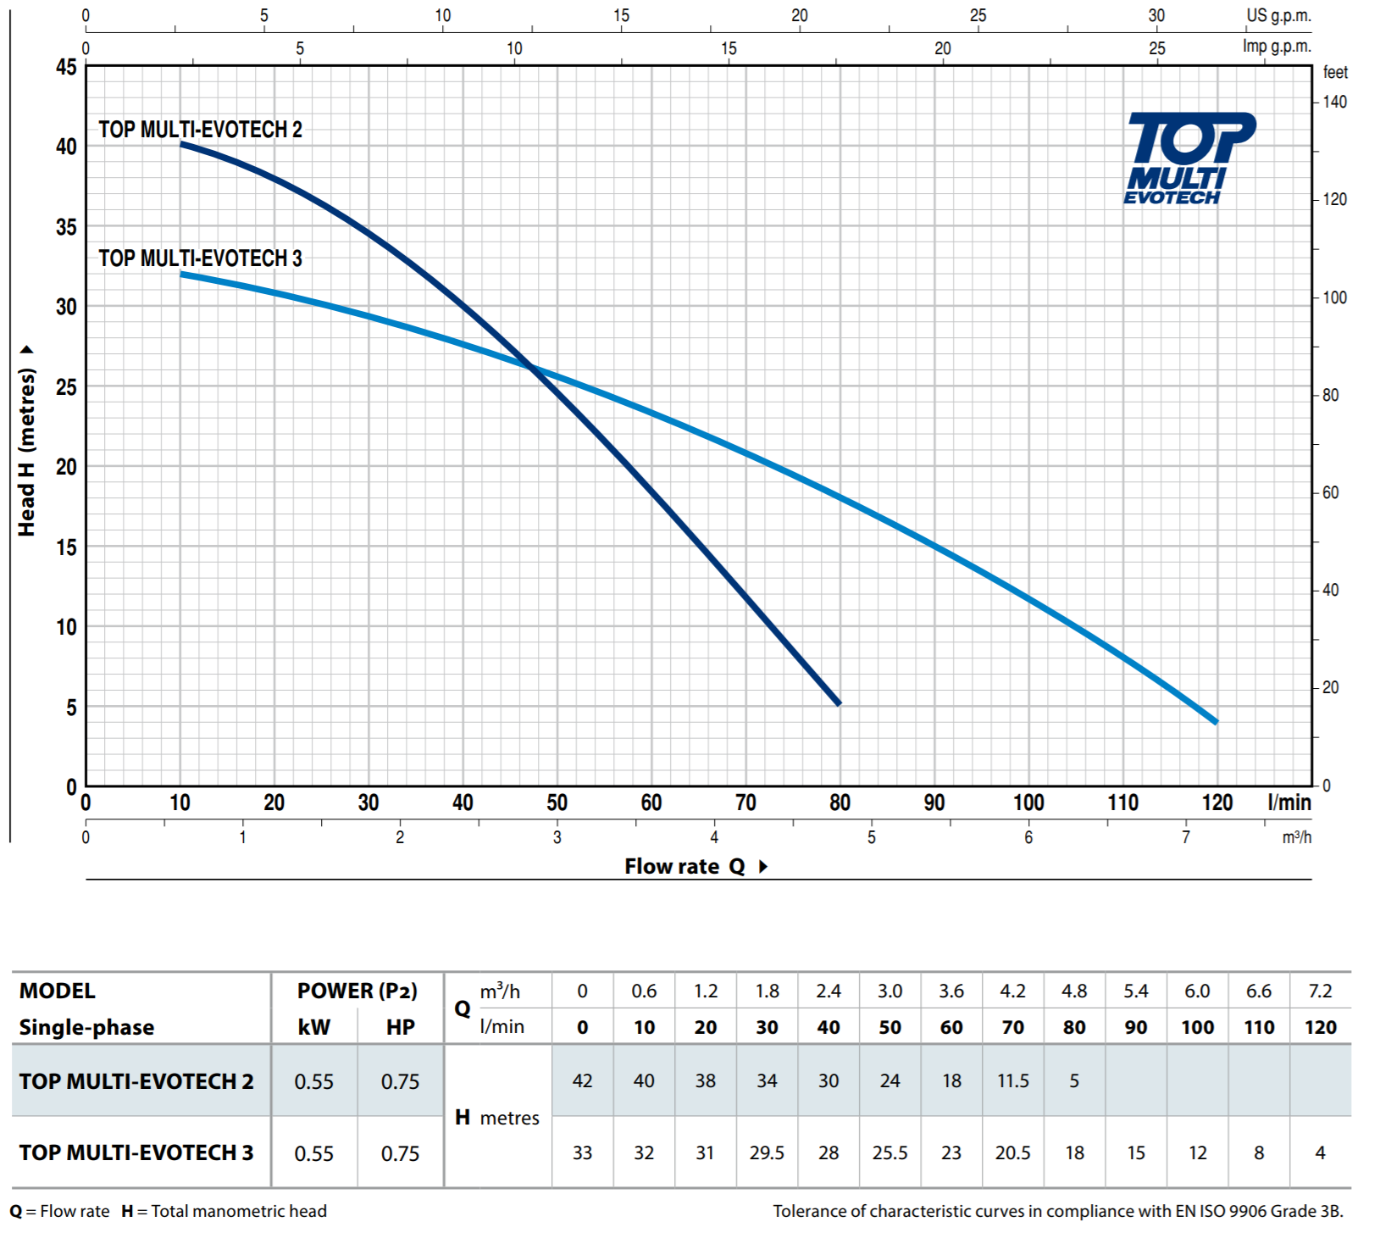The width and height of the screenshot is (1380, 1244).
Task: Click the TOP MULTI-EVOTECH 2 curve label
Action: coord(200,130)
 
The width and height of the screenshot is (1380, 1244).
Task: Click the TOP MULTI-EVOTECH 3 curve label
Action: coord(200,258)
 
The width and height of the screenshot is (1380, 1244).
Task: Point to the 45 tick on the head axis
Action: coord(66,67)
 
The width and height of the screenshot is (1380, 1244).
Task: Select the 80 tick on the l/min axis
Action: coord(840,802)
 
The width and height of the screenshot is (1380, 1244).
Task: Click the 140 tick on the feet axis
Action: coord(1334,103)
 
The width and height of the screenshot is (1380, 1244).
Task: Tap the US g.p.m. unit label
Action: coord(1278,15)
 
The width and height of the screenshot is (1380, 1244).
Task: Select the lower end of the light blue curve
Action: coord(1216,722)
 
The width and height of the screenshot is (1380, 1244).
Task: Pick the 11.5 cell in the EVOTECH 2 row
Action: coord(1012,1080)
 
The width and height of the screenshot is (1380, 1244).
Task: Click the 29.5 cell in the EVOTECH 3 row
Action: coord(767,1152)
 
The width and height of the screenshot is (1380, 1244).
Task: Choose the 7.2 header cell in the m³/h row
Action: coord(1320,991)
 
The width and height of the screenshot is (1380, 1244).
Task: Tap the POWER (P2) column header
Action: coord(357,991)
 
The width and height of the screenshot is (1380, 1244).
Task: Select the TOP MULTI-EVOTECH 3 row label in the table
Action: coord(136,1152)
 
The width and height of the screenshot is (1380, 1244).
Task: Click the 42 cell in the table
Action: coord(582,1080)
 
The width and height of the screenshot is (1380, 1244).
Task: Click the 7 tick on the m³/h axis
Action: coord(1186,837)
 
